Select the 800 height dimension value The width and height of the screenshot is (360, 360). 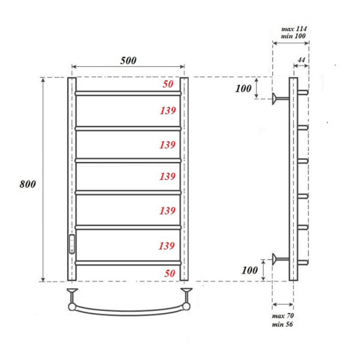coord(27,184)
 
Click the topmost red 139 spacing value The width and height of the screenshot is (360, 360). coord(167,110)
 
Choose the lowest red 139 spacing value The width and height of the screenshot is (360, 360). coord(167,246)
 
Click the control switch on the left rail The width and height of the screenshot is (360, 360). coord(71,243)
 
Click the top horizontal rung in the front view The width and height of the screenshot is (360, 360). coord(127,93)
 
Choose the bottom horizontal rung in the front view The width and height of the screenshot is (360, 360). coord(127,263)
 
